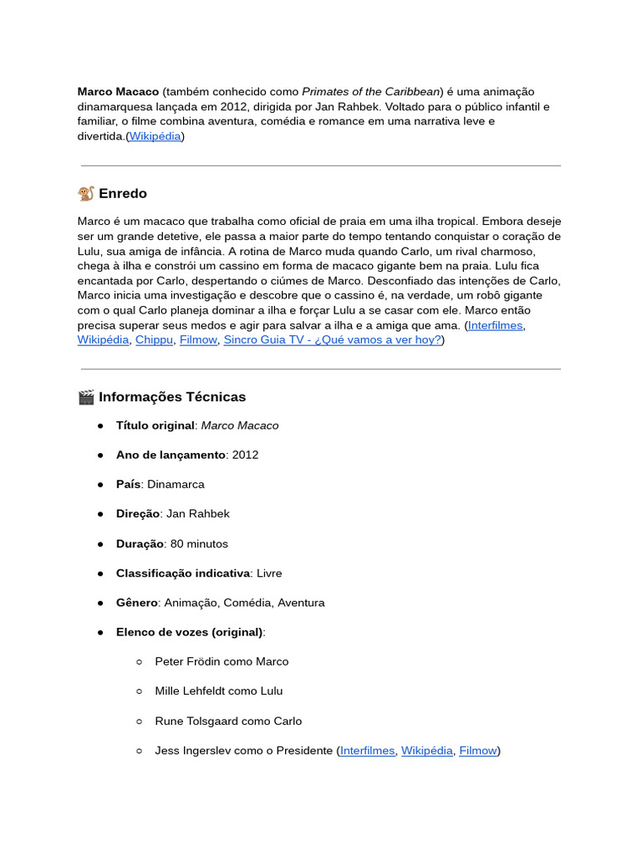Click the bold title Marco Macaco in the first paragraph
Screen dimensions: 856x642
click(118, 91)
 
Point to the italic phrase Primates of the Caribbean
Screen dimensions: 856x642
click(371, 91)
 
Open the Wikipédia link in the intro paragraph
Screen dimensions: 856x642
click(155, 136)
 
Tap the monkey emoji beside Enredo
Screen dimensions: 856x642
click(86, 194)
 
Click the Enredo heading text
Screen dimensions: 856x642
click(123, 194)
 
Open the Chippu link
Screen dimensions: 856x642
click(154, 340)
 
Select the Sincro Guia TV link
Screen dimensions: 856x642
click(333, 340)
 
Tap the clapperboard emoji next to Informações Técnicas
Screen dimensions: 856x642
click(86, 397)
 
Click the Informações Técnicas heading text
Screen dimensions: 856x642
click(172, 397)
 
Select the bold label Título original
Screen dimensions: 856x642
click(155, 425)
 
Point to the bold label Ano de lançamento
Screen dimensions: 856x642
click(171, 455)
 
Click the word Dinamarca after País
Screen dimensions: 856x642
click(176, 485)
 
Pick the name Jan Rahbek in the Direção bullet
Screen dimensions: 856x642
click(198, 514)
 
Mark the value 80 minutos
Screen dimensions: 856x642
click(199, 544)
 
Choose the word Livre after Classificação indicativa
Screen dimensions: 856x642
click(269, 573)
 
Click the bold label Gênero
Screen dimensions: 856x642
click(136, 603)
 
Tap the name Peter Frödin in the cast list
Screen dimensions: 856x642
click(190, 662)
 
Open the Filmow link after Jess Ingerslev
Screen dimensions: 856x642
click(478, 751)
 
